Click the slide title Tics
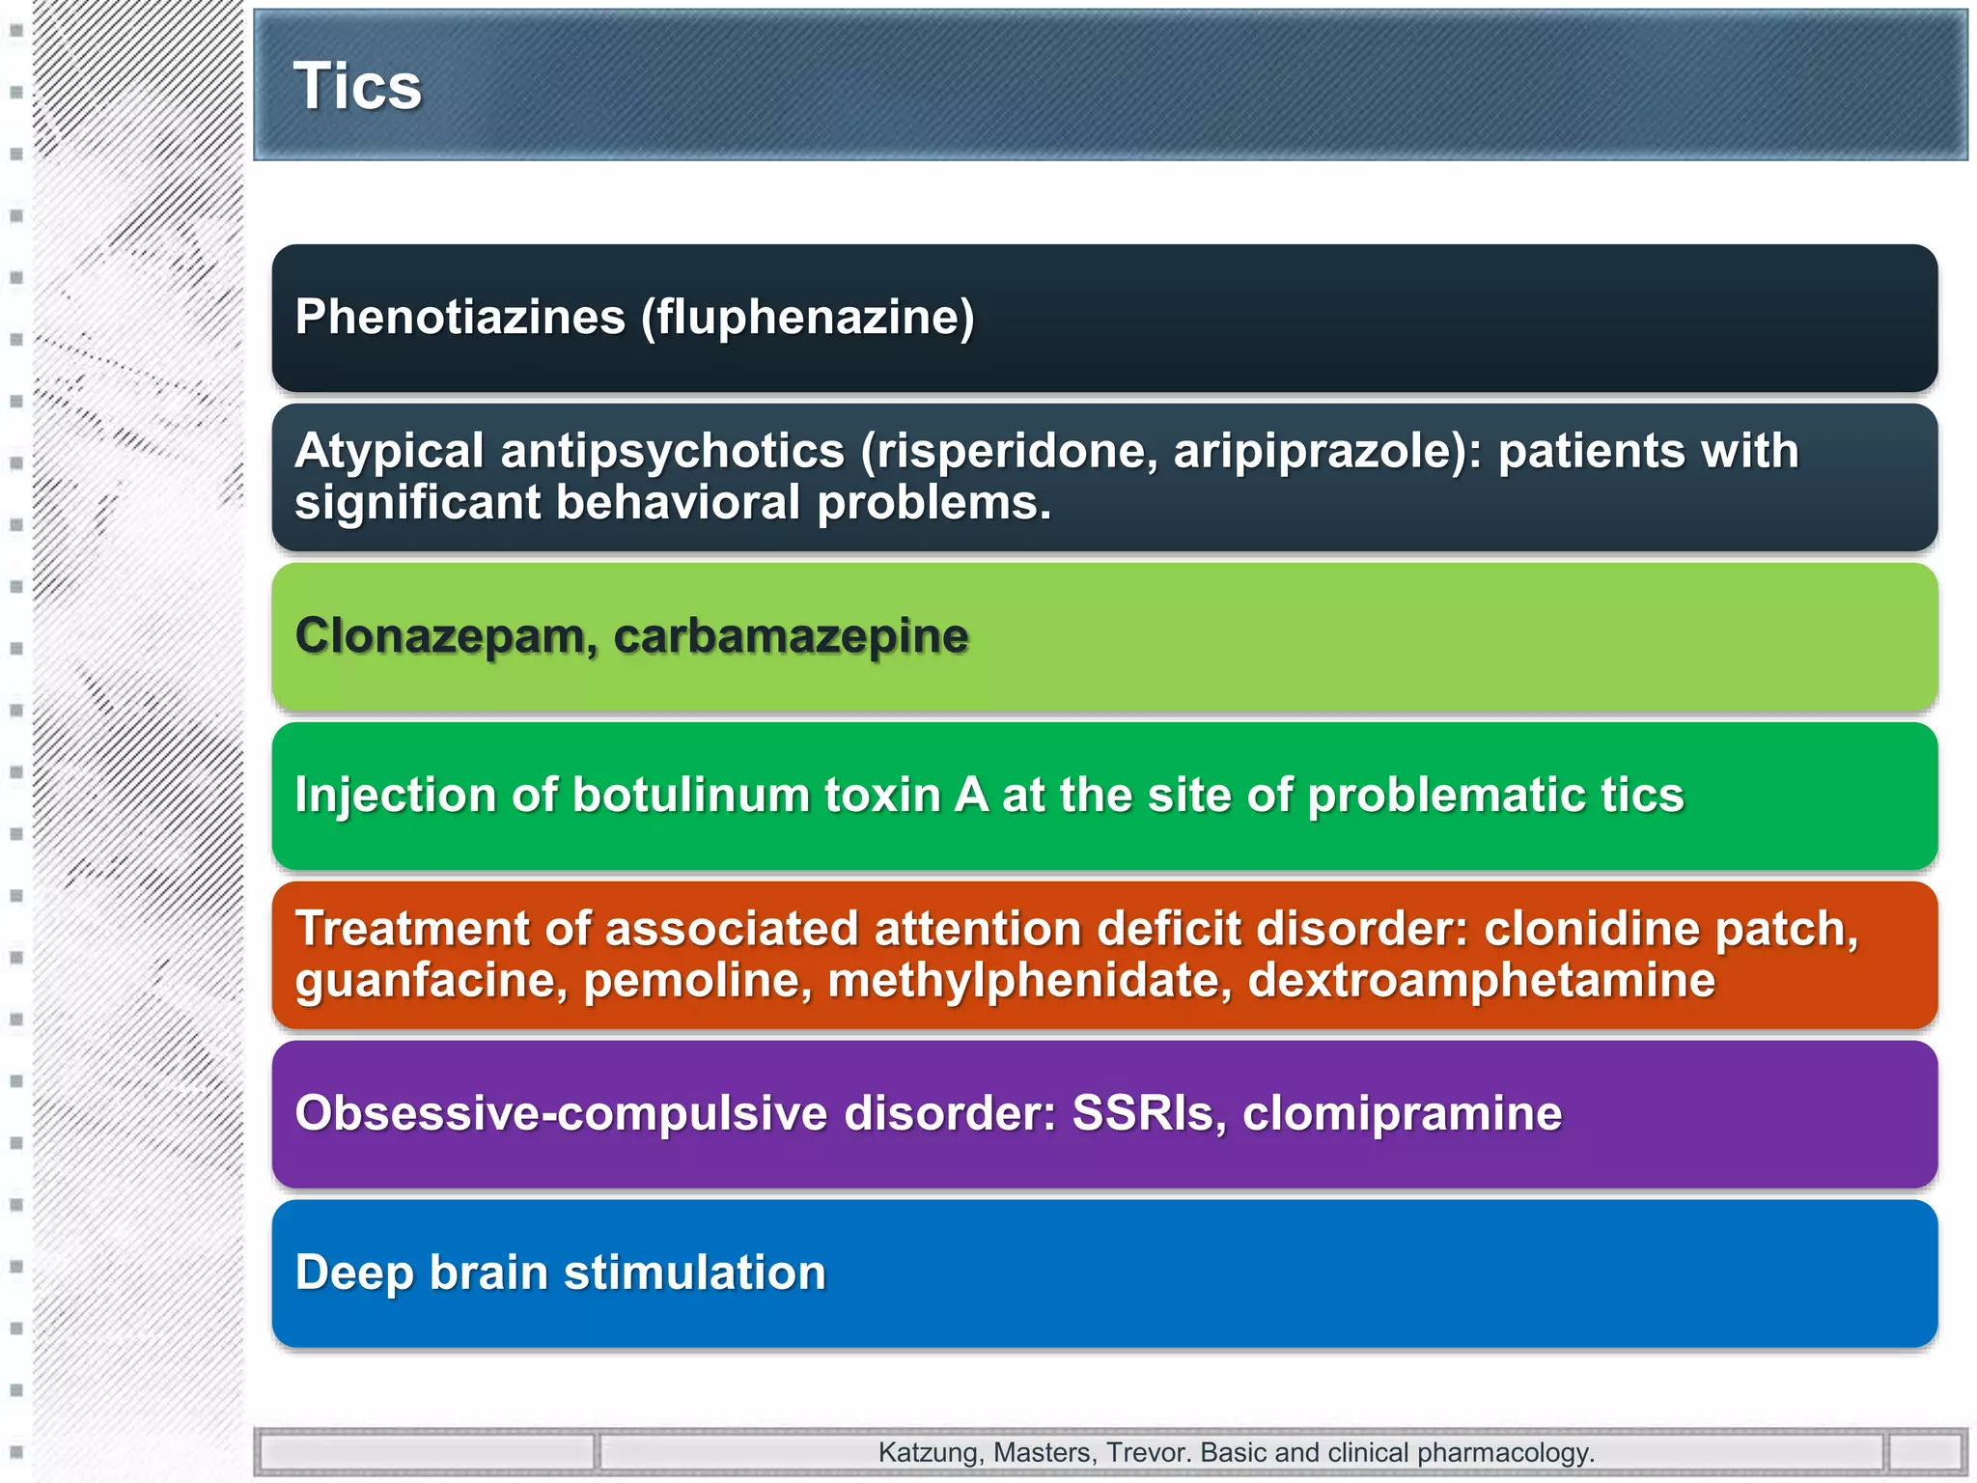pos(357,87)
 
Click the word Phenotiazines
pos(460,317)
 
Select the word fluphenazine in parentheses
pos(809,317)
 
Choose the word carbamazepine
pos(791,635)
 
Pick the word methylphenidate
pos(1030,981)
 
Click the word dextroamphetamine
pos(1482,981)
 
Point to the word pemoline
pos(697,981)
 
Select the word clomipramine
pos(1402,1113)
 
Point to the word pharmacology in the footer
pos(1505,1453)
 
